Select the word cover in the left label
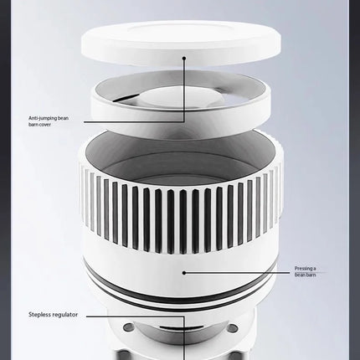(44, 125)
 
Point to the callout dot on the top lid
(184, 58)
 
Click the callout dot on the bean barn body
(184, 273)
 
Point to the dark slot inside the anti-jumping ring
(123, 98)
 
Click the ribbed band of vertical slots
(180, 208)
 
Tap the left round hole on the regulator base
(129, 327)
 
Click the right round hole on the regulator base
(233, 327)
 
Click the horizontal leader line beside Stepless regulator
(136, 316)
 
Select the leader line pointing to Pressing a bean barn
(237, 273)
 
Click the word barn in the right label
(311, 275)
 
